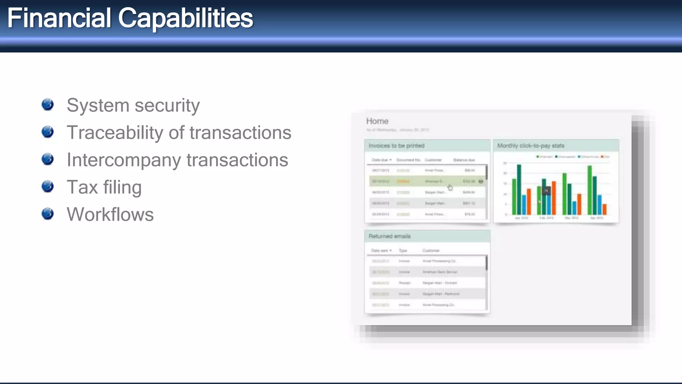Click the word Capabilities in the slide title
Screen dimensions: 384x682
pos(185,18)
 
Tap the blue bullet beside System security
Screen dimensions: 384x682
pos(48,104)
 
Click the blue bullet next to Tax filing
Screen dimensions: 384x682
pos(48,186)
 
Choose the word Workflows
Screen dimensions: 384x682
pos(110,214)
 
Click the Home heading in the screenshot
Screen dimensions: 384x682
pos(377,121)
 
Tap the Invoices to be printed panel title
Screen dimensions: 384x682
pos(396,146)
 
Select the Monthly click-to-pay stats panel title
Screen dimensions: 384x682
pos(530,146)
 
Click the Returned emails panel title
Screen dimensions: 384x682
pos(389,236)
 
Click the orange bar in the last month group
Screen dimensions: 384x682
pos(605,209)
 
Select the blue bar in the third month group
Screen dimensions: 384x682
pos(574,208)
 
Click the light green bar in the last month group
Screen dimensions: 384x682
pos(590,190)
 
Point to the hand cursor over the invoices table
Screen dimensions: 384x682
pos(450,188)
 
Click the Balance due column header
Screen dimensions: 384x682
pos(464,160)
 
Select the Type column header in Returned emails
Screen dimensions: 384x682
pos(403,251)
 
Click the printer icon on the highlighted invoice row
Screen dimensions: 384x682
pos(481,181)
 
